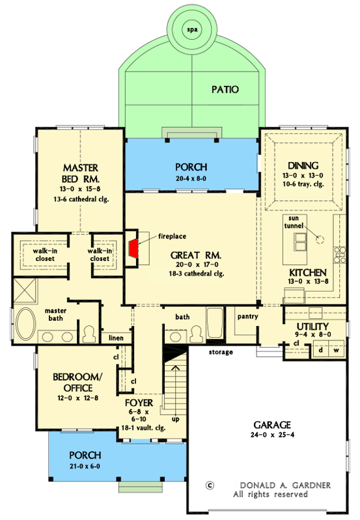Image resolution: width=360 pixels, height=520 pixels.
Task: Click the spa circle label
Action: pos(191,30)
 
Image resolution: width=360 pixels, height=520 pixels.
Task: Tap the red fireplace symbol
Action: pos(133,248)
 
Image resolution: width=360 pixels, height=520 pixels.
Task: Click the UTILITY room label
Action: pos(312,326)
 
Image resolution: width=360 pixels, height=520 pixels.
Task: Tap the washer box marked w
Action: pos(337,349)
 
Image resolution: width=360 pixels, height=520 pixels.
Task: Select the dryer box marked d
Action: pos(321,349)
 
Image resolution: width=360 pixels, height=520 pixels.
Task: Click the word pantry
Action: pos(248,317)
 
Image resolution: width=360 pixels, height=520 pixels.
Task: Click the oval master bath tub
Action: pos(25,321)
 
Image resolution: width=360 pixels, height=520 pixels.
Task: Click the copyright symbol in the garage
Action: pos(210,484)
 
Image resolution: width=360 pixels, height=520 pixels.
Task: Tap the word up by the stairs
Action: pos(174,419)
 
